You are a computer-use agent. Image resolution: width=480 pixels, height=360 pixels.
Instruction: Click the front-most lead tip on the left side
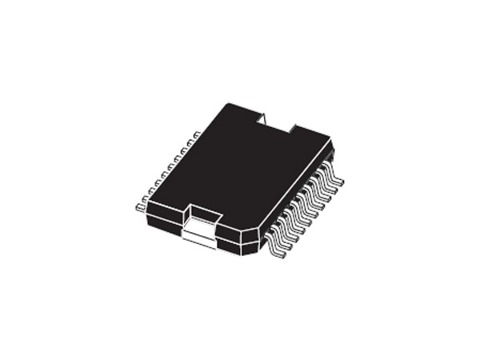pyautogui.click(x=139, y=206)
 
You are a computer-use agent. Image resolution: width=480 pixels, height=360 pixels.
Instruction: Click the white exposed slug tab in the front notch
pyautogui.click(x=200, y=233)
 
